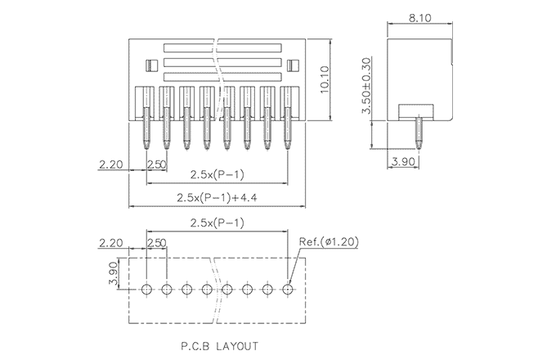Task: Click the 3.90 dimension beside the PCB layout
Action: point(114,275)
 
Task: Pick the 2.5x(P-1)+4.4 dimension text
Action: point(217,198)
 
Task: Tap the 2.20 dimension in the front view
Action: point(110,164)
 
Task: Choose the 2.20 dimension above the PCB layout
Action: point(110,242)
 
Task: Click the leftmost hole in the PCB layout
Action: point(147,289)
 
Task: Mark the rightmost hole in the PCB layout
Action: point(288,289)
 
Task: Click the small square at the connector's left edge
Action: point(150,65)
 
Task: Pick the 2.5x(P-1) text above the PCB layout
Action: point(217,223)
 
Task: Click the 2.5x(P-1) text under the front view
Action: point(217,173)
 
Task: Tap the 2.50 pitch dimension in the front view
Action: point(157,164)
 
